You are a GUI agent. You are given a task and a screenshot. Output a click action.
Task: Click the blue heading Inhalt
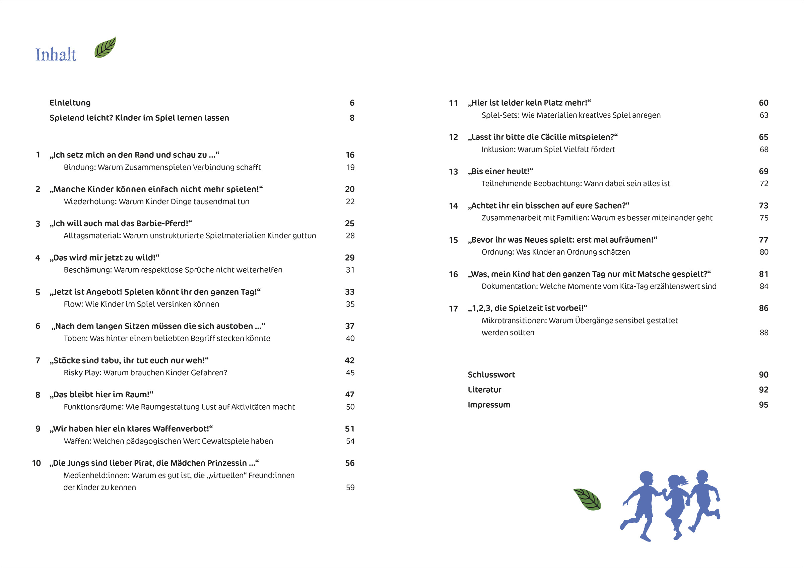point(56,55)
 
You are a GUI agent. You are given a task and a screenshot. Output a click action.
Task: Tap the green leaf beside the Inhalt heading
point(105,48)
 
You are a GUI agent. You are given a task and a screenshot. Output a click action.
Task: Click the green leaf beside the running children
point(587,499)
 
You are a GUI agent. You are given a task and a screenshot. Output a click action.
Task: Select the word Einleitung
point(70,103)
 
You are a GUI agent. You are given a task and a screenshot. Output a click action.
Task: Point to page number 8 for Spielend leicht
point(352,118)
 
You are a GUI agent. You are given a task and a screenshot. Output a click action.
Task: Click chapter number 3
point(38,224)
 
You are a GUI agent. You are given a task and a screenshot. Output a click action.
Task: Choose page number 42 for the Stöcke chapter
point(349,360)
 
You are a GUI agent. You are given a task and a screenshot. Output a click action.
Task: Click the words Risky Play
point(82,373)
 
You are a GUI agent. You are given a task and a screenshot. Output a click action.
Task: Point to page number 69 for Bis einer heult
point(763,171)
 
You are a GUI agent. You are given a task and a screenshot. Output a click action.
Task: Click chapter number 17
point(453,309)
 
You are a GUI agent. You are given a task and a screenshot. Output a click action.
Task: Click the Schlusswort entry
point(491,375)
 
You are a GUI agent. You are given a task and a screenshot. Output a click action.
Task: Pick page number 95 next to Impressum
point(763,405)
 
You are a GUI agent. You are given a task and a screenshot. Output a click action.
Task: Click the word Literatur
point(484,390)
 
